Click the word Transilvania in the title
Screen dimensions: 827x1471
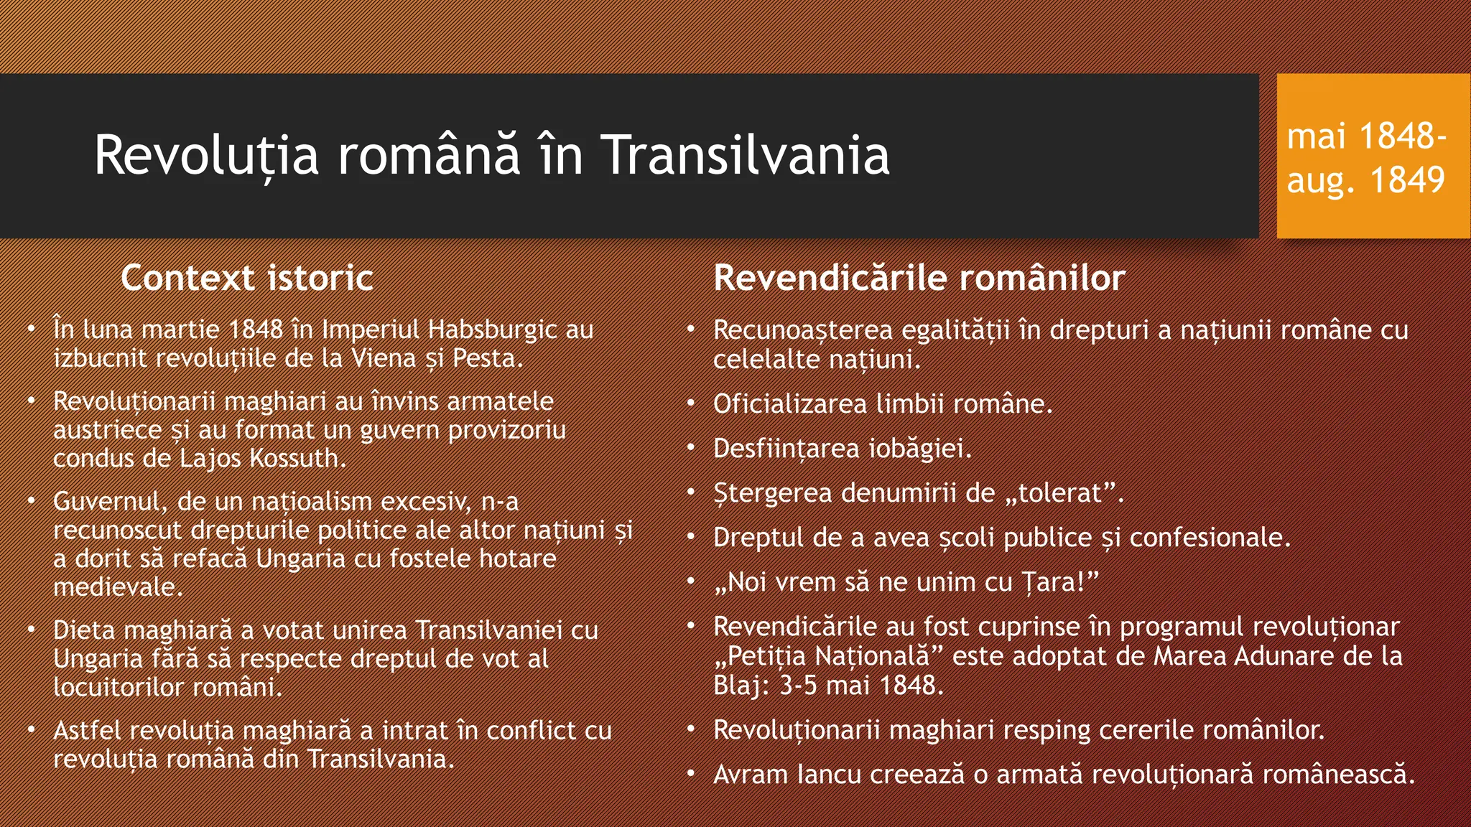pyautogui.click(x=745, y=155)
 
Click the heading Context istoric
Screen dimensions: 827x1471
pyautogui.click(x=246, y=278)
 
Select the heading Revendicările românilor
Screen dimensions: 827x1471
pyautogui.click(x=919, y=278)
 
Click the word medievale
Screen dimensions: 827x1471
pyautogui.click(x=118, y=587)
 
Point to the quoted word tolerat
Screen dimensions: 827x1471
pyautogui.click(x=1062, y=493)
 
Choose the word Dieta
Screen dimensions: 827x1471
pyautogui.click(x=85, y=630)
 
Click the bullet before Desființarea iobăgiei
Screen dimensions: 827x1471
pyautogui.click(x=690, y=448)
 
